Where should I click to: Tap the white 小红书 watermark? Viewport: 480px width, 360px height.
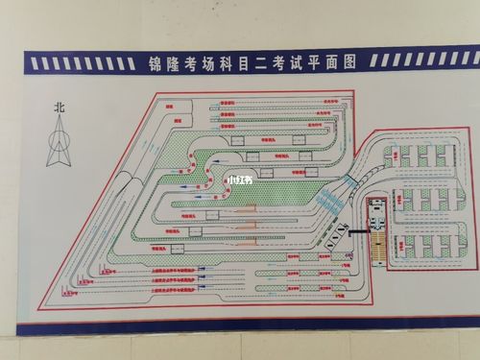point(238,179)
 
